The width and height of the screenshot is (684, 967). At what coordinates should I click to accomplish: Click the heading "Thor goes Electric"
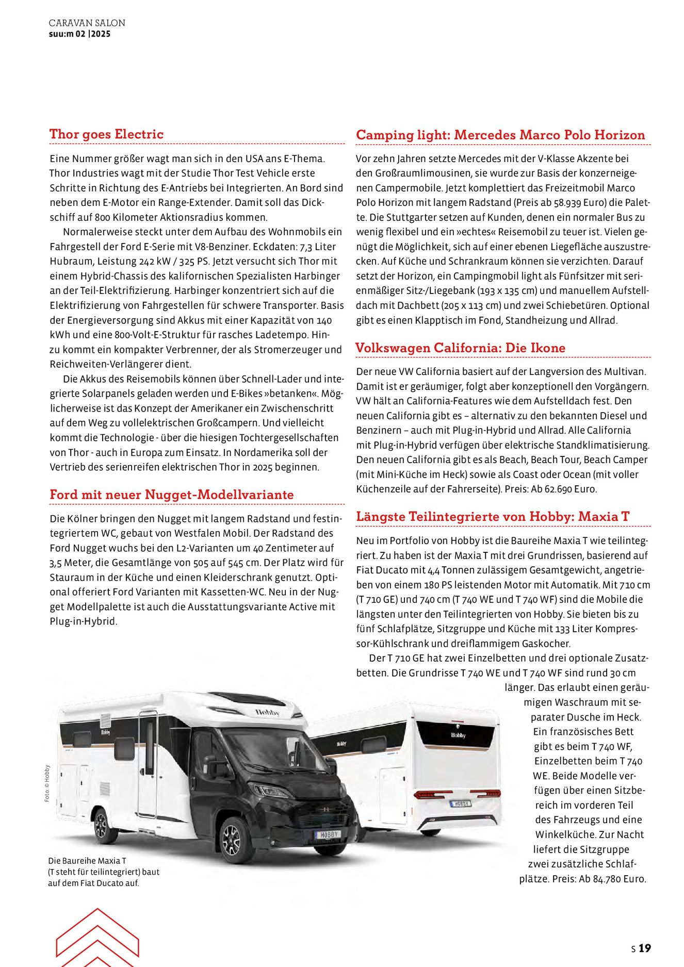[x=106, y=134]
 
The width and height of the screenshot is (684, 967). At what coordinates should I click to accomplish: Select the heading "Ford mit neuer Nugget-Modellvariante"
[x=171, y=495]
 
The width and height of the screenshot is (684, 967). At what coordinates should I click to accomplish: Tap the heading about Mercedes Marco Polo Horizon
[x=500, y=135]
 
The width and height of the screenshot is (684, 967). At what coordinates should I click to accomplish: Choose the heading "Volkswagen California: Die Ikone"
[x=461, y=348]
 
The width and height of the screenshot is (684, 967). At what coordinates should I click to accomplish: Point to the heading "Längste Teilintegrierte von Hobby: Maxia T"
[x=493, y=516]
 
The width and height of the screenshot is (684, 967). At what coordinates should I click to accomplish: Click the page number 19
[x=645, y=948]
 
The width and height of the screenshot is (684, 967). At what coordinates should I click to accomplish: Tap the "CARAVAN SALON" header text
[x=87, y=23]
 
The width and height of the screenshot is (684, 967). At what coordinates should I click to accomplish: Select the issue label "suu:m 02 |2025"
[x=79, y=34]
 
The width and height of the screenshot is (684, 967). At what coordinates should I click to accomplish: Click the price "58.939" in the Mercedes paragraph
[x=560, y=203]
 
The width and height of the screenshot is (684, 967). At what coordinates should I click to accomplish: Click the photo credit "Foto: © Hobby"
[x=47, y=783]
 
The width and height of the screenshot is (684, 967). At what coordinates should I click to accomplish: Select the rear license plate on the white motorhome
[x=460, y=804]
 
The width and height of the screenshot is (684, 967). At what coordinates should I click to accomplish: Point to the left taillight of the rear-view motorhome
[x=433, y=794]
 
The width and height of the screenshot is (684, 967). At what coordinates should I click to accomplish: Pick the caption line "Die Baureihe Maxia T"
[x=87, y=861]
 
